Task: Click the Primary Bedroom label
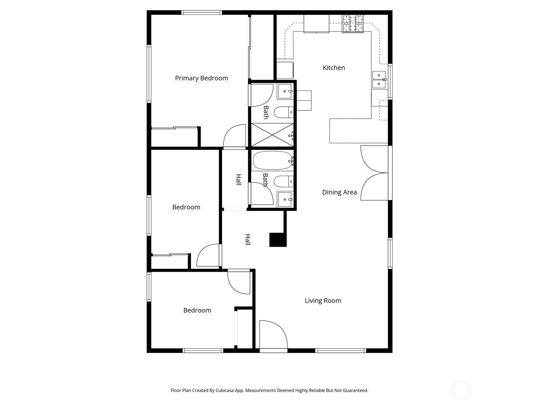201,78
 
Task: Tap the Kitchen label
334,68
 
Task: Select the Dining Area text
339,192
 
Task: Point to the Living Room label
323,301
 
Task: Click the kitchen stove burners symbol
353,24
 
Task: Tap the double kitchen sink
379,79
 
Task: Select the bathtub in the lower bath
272,161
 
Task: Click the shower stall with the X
272,135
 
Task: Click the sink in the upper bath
285,92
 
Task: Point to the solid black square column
278,240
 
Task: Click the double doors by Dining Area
374,173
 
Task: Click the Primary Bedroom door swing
235,136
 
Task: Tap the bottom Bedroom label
197,310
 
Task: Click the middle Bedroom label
186,207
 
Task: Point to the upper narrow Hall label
239,179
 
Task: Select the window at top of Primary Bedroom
201,12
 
